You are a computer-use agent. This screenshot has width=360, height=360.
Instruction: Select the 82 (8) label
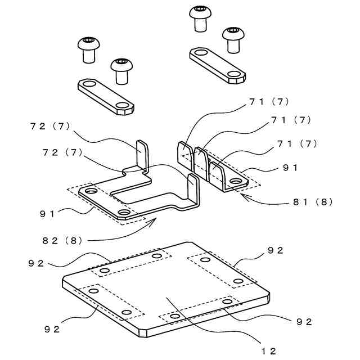coord(62,241)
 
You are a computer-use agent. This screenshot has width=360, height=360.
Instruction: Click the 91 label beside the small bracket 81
coord(290,167)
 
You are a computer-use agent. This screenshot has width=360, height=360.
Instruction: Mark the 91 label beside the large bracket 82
coord(47,213)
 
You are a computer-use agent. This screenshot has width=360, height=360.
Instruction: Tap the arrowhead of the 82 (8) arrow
coord(153,220)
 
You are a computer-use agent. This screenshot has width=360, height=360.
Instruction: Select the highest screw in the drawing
coord(200,17)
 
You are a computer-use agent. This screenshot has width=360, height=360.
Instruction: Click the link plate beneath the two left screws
coord(105,96)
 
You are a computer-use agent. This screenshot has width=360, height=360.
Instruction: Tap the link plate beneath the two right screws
coord(217,64)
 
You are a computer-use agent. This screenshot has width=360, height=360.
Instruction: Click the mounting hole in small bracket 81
coord(235,181)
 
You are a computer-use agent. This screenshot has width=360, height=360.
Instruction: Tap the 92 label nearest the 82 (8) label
coord(35,263)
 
